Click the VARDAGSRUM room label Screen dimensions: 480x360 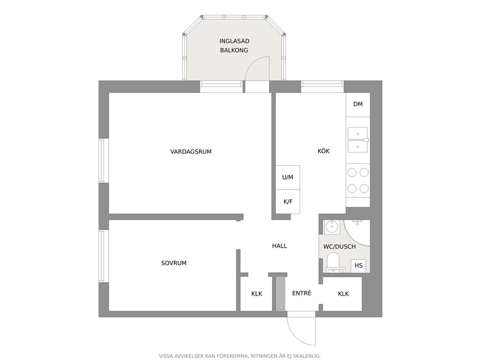191,151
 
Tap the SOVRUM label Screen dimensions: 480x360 174,263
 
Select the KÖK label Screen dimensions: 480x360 324,151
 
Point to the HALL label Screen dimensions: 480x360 280,246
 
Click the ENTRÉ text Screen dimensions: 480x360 301,293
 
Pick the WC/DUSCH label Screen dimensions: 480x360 340,246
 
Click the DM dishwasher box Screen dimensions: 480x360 358,105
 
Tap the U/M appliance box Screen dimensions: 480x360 287,177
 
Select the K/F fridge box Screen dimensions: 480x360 287,201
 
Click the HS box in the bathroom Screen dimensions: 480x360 358,266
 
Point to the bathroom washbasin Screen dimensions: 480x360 331,227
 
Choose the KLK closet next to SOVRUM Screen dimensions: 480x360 256,294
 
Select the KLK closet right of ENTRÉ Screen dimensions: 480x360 343,294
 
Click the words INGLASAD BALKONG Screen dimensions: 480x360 234,45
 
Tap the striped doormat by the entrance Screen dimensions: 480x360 281,294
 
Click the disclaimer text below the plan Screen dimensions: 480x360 240,356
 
